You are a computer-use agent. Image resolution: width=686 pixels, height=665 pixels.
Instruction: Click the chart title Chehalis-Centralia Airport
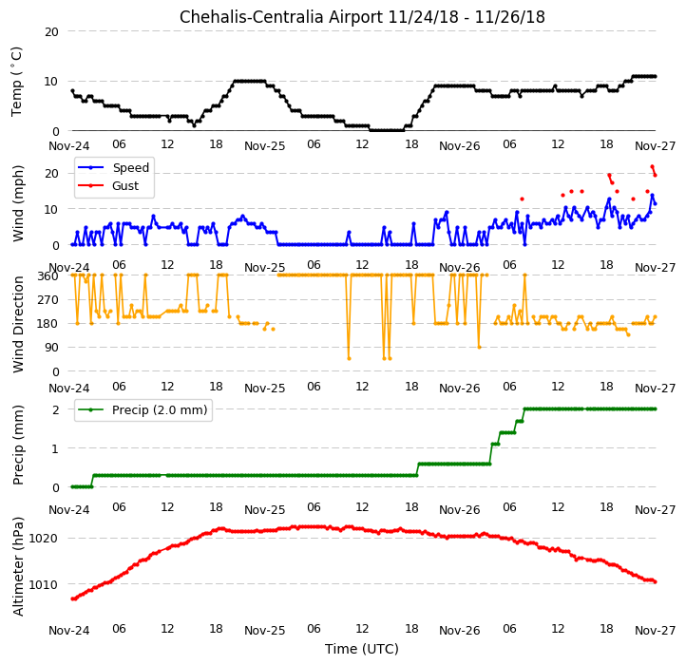281,17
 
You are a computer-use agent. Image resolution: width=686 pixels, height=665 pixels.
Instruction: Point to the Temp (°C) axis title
16,82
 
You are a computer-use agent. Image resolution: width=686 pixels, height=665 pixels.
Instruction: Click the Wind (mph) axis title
17,203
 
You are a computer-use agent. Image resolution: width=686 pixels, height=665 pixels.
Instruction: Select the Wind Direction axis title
17,324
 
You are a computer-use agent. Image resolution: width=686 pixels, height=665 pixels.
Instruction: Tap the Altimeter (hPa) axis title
17,566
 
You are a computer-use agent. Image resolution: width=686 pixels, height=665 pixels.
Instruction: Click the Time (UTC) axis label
362,649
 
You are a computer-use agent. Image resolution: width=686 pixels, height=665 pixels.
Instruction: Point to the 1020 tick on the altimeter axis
44,538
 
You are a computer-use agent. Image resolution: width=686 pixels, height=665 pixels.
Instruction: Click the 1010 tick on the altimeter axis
44,584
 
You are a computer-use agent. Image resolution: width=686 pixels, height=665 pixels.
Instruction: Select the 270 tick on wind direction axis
49,300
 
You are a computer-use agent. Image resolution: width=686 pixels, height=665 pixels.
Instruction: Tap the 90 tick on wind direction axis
52,348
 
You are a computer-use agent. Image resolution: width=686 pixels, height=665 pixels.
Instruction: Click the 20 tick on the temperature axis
51,32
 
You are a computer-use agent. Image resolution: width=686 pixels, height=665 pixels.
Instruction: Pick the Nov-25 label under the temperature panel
265,146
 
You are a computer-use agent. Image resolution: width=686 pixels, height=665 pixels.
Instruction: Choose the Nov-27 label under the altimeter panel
656,631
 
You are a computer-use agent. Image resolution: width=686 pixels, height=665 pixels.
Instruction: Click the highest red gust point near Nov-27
652,166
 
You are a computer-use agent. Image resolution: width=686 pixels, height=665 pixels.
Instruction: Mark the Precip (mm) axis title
17,446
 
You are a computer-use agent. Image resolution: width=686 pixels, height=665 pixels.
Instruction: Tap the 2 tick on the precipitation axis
55,410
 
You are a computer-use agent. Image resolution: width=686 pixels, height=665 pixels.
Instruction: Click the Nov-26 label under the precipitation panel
459,510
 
